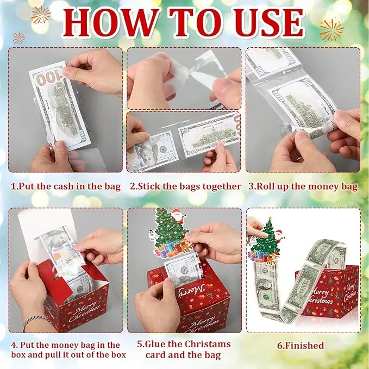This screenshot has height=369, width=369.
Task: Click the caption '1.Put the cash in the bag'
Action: click(65, 186)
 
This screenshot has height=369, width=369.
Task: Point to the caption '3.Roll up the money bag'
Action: click(303, 186)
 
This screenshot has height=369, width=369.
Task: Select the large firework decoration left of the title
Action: click(41, 15)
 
